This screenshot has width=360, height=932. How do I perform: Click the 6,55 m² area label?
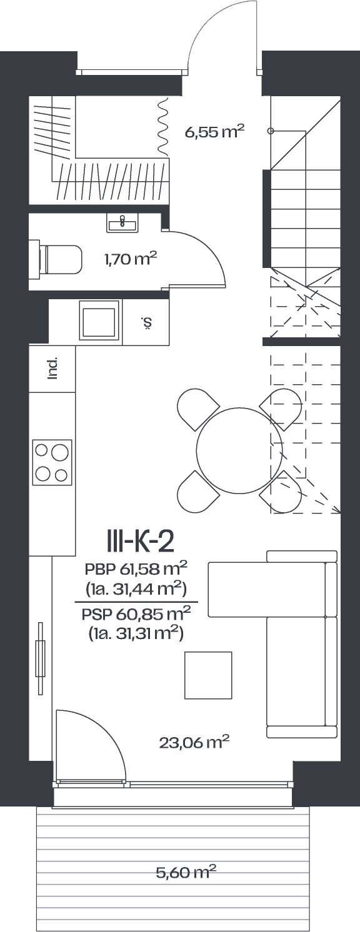click(214, 132)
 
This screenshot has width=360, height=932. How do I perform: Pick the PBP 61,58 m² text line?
click(136, 568)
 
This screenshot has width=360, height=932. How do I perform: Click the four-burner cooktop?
click(52, 462)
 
